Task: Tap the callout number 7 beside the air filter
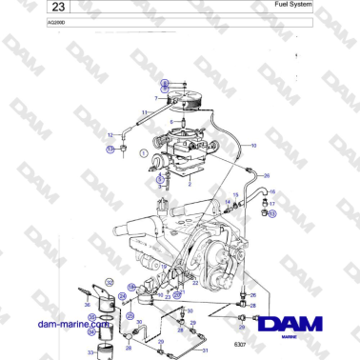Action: pyautogui.click(x=155, y=98)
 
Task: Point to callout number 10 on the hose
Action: pyautogui.click(x=253, y=145)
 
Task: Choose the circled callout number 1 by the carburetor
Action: pyautogui.click(x=143, y=152)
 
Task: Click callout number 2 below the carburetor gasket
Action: pyautogui.click(x=190, y=183)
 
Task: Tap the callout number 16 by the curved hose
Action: pyautogui.click(x=271, y=191)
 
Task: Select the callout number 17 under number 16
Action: pyautogui.click(x=271, y=203)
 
